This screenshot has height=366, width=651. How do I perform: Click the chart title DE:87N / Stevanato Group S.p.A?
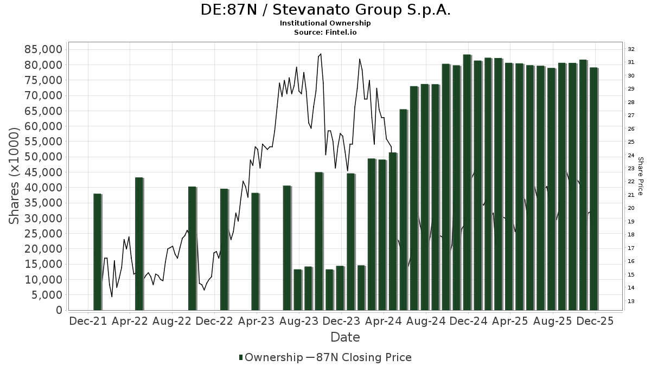point(325,10)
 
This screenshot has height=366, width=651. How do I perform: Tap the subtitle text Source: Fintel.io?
point(325,33)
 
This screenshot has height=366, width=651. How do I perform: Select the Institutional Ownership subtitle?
point(325,23)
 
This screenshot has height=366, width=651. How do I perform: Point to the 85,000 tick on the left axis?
point(44,49)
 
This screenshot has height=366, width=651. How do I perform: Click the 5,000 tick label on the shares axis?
point(47,295)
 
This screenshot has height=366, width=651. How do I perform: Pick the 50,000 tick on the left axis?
point(44,157)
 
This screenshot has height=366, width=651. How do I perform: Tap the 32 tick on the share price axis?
point(631,49)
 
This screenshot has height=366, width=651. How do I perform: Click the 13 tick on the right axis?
point(631,301)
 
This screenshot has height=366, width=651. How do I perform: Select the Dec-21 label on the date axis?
point(88,321)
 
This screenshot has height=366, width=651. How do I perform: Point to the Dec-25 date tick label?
point(595,321)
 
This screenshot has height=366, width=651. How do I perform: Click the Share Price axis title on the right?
point(640,176)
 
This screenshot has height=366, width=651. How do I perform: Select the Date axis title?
point(345,337)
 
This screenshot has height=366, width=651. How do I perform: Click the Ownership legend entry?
point(271,357)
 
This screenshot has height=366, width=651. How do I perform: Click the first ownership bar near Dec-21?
point(97,252)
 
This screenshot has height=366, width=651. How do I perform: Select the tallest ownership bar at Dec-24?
point(467,182)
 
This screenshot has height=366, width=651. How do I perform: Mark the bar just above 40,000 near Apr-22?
point(139,243)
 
